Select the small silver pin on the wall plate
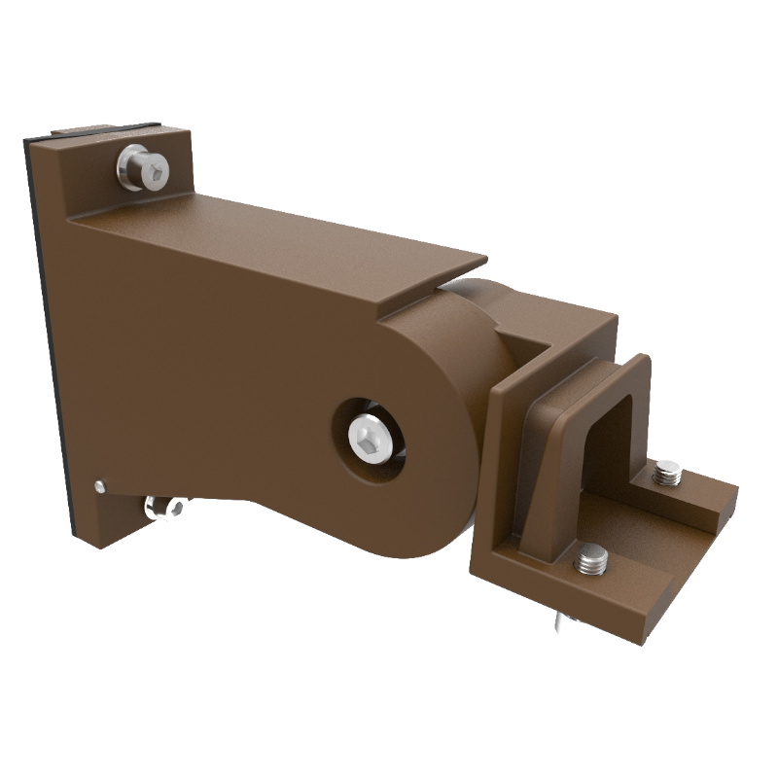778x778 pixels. (x=100, y=483)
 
